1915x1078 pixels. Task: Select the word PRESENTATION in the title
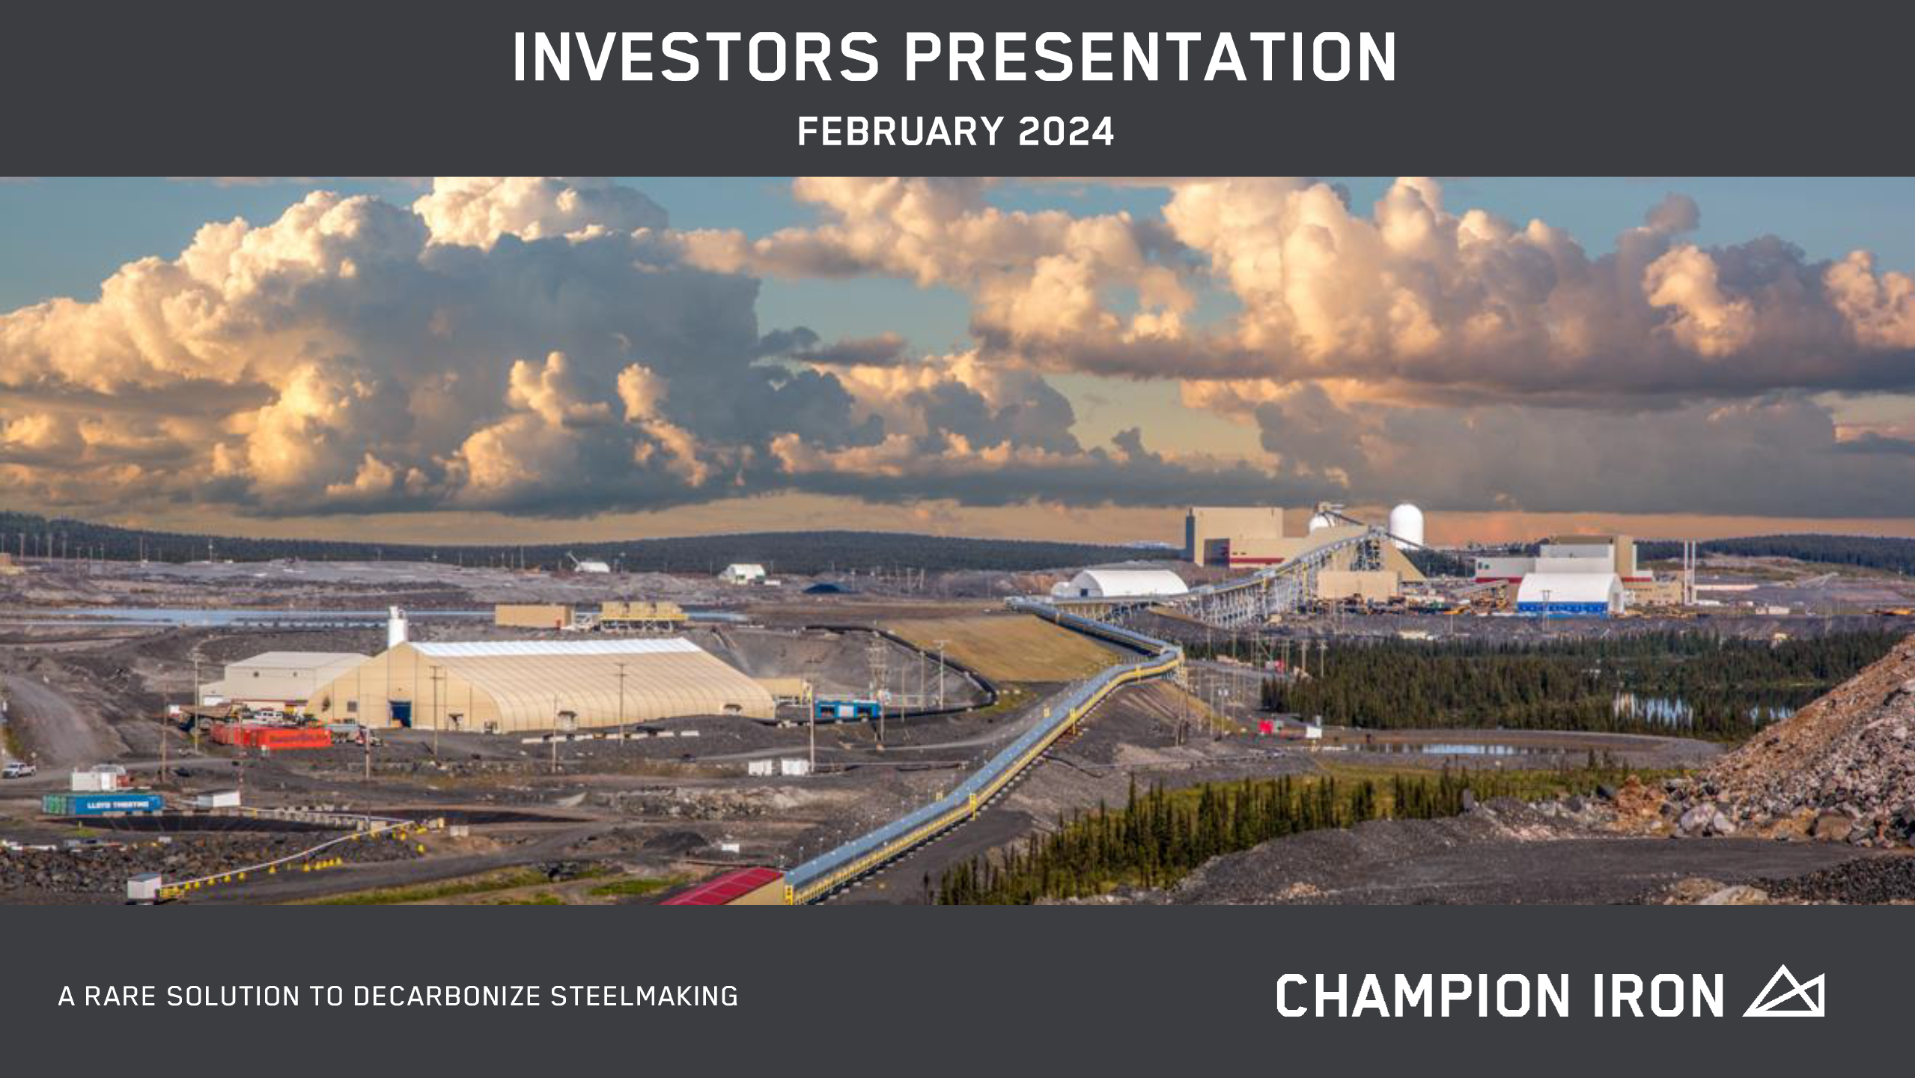click(x=1151, y=57)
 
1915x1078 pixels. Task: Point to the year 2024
click(x=1066, y=132)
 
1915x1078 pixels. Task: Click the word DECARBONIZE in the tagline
click(x=447, y=996)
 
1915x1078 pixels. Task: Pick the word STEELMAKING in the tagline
click(x=645, y=996)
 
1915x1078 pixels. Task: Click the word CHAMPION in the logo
click(x=1422, y=996)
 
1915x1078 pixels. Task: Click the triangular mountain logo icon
click(x=1784, y=990)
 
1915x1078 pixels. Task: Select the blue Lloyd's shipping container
click(x=103, y=805)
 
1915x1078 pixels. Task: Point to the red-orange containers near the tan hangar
click(x=271, y=736)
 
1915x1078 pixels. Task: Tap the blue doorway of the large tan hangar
click(x=401, y=714)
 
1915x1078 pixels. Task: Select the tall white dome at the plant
click(x=1406, y=526)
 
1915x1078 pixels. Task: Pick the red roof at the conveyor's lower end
click(x=722, y=887)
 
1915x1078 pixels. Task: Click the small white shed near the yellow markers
click(x=143, y=887)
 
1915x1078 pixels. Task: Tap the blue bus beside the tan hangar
click(x=847, y=709)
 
